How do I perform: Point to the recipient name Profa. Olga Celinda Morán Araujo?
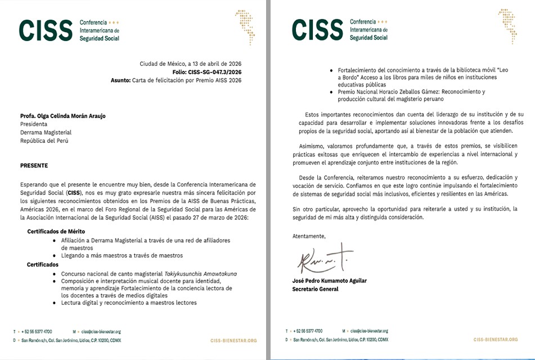62,116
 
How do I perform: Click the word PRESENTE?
34,166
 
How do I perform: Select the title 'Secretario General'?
315,289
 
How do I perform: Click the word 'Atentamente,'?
309,236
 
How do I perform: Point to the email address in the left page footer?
101,332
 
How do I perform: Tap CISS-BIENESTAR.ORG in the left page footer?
233,340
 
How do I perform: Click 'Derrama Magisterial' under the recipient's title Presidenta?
44,132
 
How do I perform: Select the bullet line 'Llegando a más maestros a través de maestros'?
122,255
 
